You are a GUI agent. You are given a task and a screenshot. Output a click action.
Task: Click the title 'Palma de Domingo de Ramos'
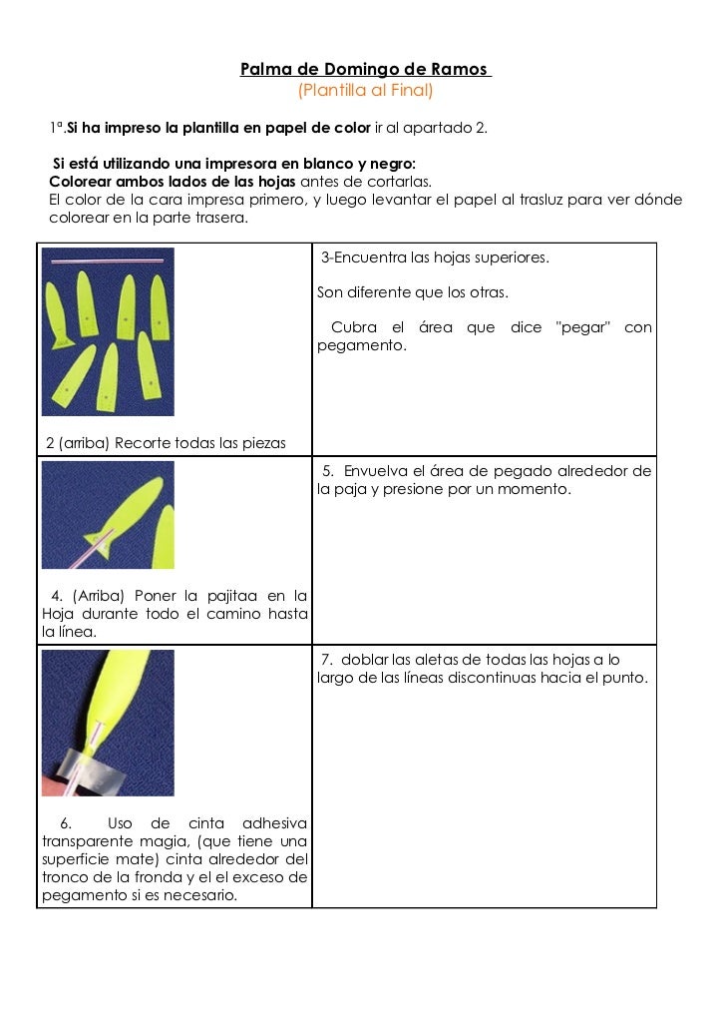365,70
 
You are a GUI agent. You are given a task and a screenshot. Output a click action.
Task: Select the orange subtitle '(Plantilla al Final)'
365,91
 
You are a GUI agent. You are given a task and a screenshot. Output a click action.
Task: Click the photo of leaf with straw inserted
108,515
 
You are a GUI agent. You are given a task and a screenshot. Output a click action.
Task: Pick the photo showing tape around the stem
108,723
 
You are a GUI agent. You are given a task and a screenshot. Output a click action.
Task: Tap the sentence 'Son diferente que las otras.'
412,293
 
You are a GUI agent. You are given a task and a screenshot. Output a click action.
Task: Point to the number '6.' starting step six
66,823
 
